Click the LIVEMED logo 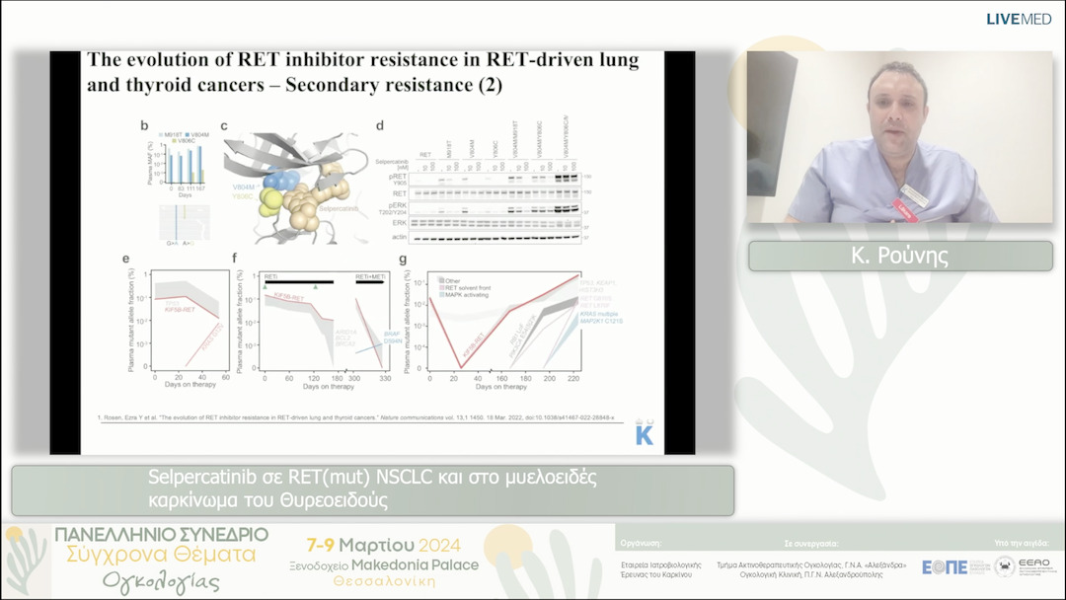point(1019,19)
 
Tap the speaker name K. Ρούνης point(899,256)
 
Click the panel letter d point(380,125)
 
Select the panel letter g point(403,261)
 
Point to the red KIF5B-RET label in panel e point(183,310)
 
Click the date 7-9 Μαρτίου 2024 point(391,545)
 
